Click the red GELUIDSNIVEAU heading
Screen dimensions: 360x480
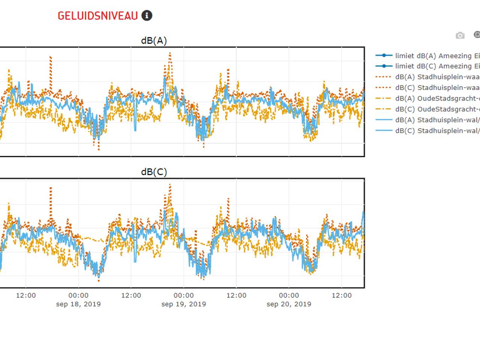click(x=97, y=16)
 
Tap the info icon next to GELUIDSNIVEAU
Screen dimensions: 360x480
click(x=147, y=16)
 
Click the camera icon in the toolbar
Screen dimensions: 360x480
click(x=460, y=35)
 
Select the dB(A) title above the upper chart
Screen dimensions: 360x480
click(x=154, y=40)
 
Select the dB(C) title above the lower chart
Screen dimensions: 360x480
click(x=154, y=172)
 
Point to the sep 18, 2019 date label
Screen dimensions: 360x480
click(x=78, y=304)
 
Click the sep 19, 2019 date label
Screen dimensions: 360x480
click(x=184, y=304)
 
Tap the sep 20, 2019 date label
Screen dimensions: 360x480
click(x=289, y=304)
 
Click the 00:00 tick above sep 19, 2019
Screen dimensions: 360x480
click(x=184, y=295)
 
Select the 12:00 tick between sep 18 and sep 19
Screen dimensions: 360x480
click(x=131, y=295)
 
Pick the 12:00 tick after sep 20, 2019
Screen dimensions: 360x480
click(x=342, y=295)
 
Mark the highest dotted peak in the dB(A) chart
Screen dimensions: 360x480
click(x=170, y=53)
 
